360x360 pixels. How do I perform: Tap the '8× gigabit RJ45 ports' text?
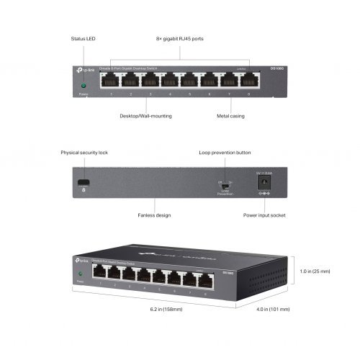click(179, 37)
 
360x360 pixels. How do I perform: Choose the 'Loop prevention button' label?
click(225, 153)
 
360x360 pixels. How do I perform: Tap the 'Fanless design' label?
click(153, 215)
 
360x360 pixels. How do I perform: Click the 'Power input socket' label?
click(264, 215)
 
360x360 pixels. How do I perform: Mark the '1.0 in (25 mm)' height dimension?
click(315, 271)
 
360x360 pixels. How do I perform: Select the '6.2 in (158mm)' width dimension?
click(166, 310)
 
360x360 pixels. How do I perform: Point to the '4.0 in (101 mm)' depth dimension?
click(274, 310)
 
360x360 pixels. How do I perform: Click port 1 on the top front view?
click(110, 80)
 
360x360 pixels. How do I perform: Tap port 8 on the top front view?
click(249, 80)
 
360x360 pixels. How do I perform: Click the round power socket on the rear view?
click(264, 183)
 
